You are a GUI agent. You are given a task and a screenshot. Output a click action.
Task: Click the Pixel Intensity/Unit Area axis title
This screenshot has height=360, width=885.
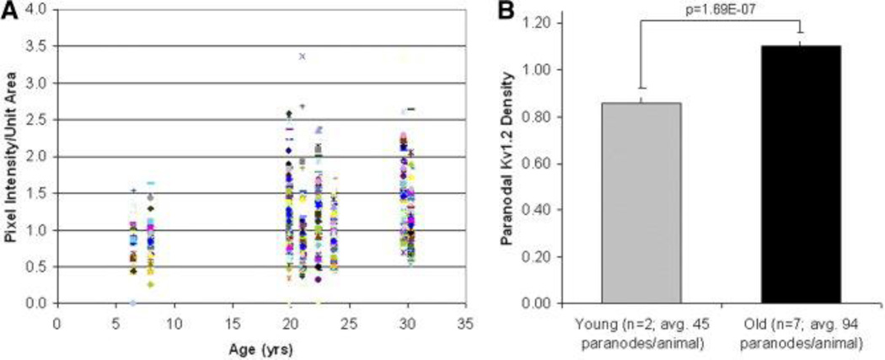point(11,158)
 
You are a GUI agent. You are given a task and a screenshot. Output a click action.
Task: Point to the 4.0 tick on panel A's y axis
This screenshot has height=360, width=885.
point(40,9)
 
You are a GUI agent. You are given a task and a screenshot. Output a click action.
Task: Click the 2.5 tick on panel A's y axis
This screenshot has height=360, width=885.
point(40,120)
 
